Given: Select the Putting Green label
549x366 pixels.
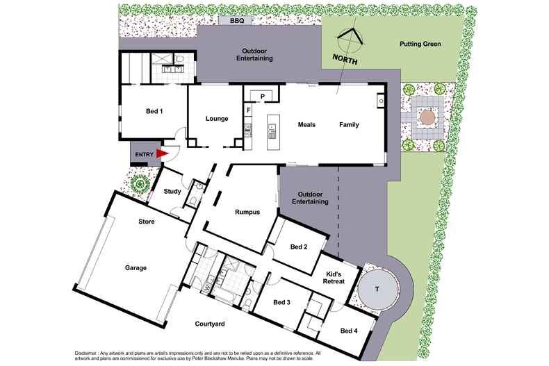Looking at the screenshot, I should point(420,44).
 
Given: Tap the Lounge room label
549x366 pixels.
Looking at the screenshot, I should point(217,119).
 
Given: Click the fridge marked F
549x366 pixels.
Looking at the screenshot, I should point(247,110).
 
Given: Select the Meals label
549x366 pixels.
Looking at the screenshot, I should point(306,125).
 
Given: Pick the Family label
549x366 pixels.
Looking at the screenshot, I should point(350,125).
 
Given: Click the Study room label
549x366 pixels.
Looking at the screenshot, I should point(172,191).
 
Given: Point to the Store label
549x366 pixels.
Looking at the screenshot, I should point(146,222).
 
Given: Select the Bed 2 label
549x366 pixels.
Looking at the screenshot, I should point(300,247).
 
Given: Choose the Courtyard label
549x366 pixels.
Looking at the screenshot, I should point(209,324).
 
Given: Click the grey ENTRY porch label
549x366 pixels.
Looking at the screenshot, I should point(144,153).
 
